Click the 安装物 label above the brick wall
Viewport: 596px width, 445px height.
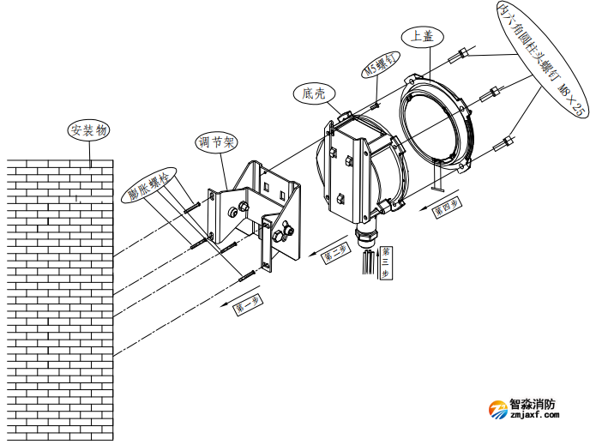(x=90, y=131)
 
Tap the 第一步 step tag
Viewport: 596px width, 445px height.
(x=249, y=304)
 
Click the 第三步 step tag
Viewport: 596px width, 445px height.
(x=386, y=261)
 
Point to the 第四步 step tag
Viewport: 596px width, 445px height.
(x=446, y=207)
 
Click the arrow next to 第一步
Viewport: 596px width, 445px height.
(x=225, y=302)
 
